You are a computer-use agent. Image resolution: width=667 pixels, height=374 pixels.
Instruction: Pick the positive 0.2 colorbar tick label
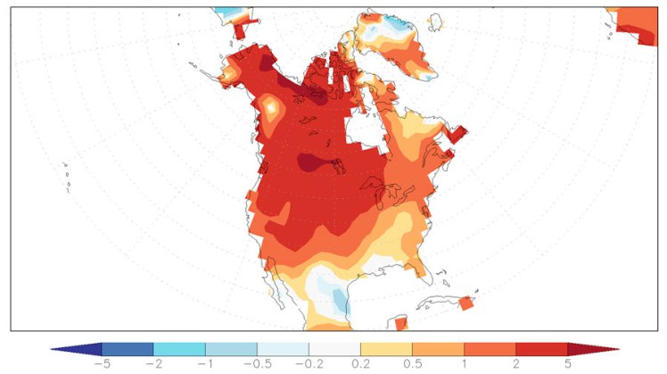[x=360, y=364]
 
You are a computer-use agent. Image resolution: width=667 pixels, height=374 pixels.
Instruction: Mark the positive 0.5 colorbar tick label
[x=412, y=364]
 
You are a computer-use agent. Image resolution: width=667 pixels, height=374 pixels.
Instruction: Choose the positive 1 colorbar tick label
[x=464, y=364]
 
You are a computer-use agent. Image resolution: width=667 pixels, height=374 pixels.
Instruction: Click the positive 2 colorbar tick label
[x=515, y=364]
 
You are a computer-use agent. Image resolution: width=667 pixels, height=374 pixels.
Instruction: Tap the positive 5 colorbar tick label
[x=567, y=364]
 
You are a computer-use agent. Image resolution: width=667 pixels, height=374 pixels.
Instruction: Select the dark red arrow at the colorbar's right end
[x=592, y=349]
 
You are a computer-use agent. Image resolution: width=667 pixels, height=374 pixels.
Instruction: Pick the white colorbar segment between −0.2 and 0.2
[x=334, y=349]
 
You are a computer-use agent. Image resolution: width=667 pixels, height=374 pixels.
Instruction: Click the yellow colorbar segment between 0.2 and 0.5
[x=386, y=349]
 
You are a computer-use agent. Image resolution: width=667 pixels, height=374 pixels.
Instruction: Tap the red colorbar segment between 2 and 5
[x=541, y=349]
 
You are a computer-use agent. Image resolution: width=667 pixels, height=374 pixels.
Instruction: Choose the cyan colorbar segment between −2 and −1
[x=179, y=349]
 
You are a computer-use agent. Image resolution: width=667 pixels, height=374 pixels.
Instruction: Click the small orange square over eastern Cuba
[x=465, y=303]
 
